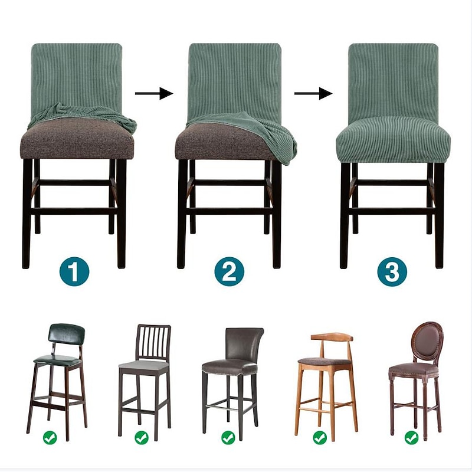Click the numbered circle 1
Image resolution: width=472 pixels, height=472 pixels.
[x=74, y=271]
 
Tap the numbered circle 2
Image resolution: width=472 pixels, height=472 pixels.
[x=230, y=271]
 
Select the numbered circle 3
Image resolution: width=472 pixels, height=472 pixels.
[x=392, y=271]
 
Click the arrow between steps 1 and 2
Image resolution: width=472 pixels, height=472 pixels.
[x=154, y=93]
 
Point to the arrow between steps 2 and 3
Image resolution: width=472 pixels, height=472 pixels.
[x=313, y=93]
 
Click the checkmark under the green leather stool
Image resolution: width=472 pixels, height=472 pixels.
[x=50, y=437]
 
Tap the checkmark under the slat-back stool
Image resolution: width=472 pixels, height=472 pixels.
[x=142, y=437]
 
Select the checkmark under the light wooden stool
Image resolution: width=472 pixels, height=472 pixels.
[x=320, y=437]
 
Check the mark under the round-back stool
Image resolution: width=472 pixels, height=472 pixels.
[x=411, y=437]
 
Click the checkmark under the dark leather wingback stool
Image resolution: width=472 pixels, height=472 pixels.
[x=228, y=437]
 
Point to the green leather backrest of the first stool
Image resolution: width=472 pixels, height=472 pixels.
[x=67, y=333]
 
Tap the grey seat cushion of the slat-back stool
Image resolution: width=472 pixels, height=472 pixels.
[x=143, y=366]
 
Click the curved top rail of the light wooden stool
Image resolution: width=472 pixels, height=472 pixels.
[x=332, y=336]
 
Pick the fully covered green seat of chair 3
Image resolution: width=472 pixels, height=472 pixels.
[x=393, y=143]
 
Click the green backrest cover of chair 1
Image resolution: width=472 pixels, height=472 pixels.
[x=77, y=77]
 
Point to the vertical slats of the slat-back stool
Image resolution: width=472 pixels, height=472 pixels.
[x=153, y=342]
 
